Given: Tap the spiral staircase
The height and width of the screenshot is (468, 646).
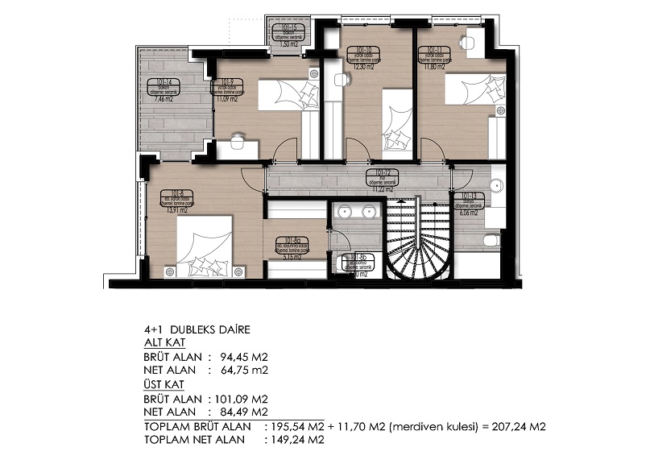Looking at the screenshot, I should click(417, 242).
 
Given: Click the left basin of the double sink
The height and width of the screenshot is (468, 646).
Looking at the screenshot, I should click(346, 213).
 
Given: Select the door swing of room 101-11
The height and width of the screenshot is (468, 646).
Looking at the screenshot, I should click(433, 150).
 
